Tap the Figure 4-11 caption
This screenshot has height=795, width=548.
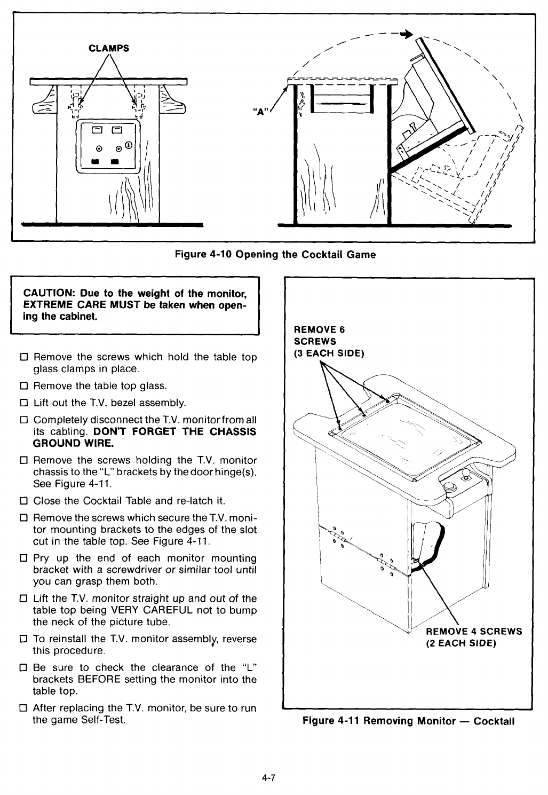click(408, 721)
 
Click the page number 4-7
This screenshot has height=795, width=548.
click(268, 777)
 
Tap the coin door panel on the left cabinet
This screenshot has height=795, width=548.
click(109, 147)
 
